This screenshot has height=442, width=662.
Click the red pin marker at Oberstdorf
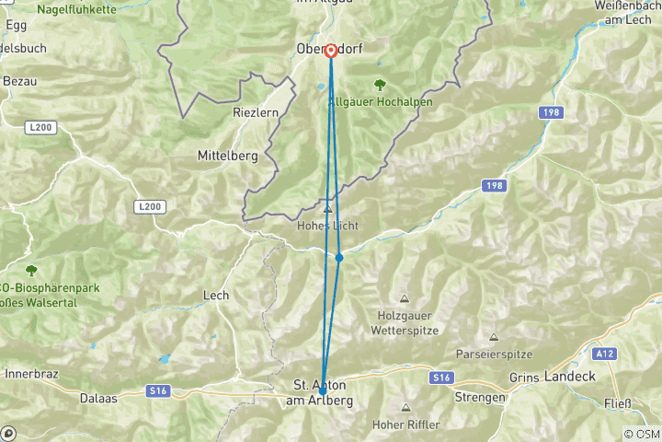point(329,50)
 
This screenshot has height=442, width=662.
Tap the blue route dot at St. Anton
point(323,391)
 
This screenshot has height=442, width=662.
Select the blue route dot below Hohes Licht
point(339,258)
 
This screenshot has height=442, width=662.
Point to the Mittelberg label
point(228,157)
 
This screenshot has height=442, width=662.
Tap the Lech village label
point(216,296)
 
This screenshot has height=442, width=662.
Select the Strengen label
point(479,397)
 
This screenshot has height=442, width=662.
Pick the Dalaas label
point(99,399)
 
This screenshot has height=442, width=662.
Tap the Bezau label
point(19,82)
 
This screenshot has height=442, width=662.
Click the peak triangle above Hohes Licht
point(326,209)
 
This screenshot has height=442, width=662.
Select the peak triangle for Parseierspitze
point(494,337)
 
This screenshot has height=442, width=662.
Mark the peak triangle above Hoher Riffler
point(405,407)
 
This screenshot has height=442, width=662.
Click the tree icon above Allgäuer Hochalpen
point(354,85)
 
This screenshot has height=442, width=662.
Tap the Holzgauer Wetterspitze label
point(405,322)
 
